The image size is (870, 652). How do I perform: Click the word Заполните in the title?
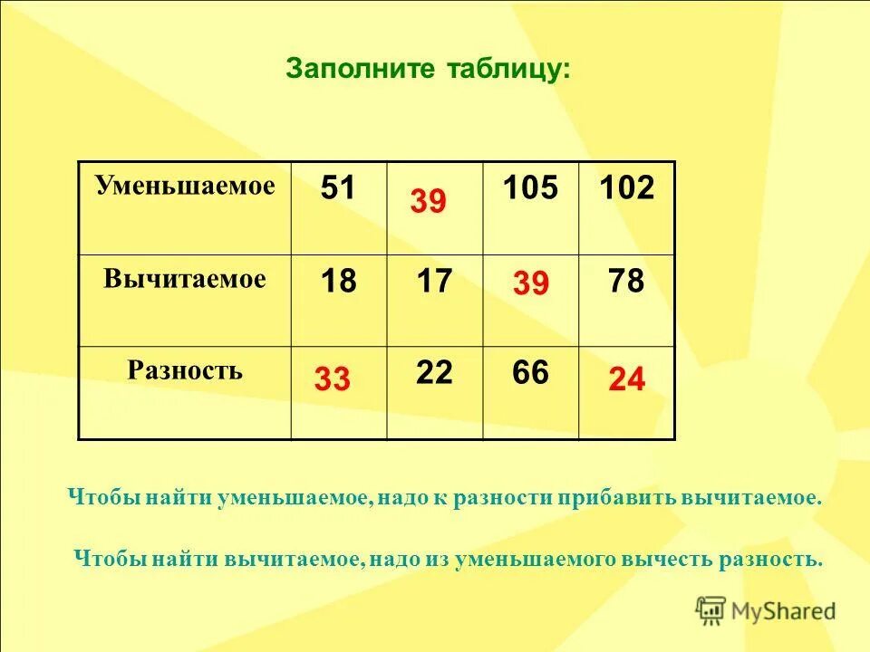pos(347,69)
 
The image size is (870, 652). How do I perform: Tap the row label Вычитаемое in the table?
pos(184,279)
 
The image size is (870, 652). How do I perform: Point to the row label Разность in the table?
pos(184,370)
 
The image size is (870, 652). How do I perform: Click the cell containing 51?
pos(338,188)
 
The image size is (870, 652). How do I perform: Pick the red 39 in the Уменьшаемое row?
pos(428,201)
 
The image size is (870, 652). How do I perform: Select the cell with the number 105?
pos(530,188)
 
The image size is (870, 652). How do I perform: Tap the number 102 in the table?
pos(626,188)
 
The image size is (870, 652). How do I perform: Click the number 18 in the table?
pos(338,282)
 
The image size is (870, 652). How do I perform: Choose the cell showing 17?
pos(434,282)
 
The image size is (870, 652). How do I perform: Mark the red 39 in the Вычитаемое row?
pos(530,285)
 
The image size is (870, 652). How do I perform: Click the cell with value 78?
pos(626,282)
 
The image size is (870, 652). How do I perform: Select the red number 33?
pos(332,379)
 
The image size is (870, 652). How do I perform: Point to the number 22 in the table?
pos(434,372)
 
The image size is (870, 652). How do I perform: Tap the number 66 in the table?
pos(530,372)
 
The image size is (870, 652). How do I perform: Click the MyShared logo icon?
pos(710,610)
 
